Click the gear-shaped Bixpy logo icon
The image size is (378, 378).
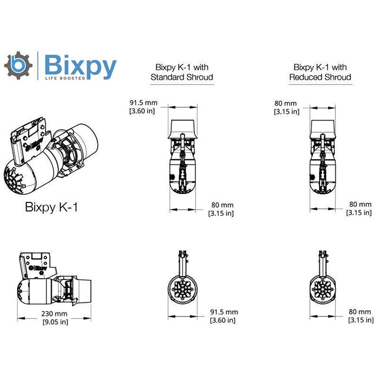pos(18,66)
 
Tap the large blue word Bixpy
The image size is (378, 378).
pos(80,66)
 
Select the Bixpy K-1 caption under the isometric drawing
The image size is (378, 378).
pos(51,207)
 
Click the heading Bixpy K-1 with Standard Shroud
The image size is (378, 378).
pos(181,72)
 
